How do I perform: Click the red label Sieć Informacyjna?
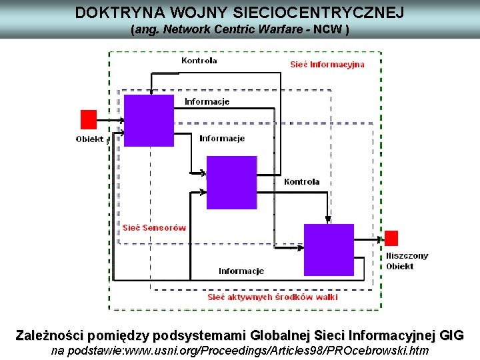[327, 65]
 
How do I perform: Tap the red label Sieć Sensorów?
[154, 228]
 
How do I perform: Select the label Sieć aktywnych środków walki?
[273, 297]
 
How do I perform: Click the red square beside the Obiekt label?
[89, 119]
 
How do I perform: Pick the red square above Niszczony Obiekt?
[391, 238]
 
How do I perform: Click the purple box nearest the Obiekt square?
[149, 120]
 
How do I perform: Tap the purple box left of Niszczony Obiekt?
[329, 250]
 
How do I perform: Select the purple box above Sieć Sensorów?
[231, 182]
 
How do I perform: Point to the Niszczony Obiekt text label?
[407, 261]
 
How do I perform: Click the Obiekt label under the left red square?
[90, 139]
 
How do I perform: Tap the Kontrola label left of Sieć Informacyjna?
[199, 61]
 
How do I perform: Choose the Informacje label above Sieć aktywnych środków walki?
[241, 271]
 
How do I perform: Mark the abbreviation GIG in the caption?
[451, 335]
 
